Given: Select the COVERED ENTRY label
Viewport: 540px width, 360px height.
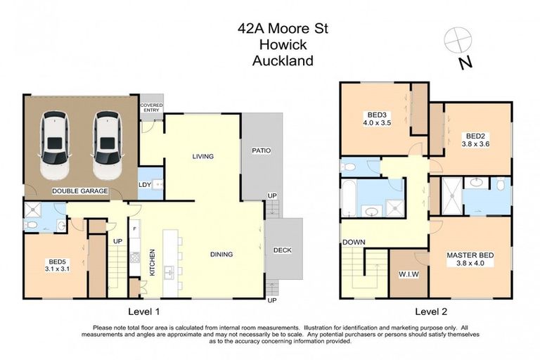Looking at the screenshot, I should (151, 108).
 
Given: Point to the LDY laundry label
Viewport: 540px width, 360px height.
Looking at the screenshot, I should (146, 185).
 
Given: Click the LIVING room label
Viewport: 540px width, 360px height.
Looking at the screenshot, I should (202, 156).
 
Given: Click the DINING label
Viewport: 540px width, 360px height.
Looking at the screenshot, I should (221, 254).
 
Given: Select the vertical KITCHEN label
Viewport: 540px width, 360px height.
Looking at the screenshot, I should (151, 261).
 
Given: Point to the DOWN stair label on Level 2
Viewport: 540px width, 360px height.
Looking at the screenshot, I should (354, 243).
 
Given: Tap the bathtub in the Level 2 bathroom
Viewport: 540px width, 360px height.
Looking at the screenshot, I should (349, 197).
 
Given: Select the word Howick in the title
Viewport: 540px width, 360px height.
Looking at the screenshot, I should (283, 45).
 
